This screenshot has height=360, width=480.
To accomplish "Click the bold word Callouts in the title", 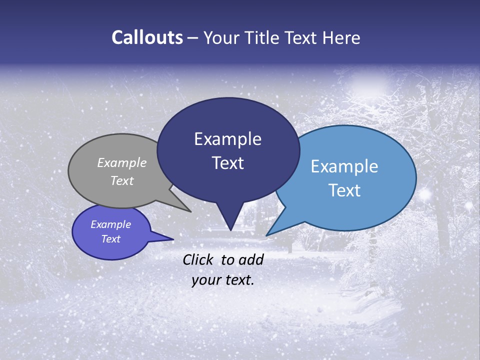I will pyautogui.click(x=147, y=37).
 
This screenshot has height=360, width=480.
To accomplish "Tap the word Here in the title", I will pyautogui.click(x=341, y=37).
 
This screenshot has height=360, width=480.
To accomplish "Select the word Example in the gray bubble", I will pyautogui.click(x=122, y=162).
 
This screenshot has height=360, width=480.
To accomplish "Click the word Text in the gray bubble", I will pyautogui.click(x=122, y=180).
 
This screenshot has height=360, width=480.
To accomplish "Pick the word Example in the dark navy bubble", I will pyautogui.click(x=227, y=139).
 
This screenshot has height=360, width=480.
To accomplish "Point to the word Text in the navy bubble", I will pyautogui.click(x=227, y=163).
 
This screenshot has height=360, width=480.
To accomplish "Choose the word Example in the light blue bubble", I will pyautogui.click(x=344, y=166).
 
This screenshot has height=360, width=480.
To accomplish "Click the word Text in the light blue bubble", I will pyautogui.click(x=344, y=190).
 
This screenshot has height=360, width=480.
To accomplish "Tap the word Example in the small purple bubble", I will pyautogui.click(x=111, y=224).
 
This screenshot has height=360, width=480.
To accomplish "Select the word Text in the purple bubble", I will pyautogui.click(x=111, y=239).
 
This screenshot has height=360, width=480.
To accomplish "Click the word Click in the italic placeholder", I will pyautogui.click(x=199, y=259).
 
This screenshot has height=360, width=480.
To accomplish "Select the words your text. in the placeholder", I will pyautogui.click(x=223, y=280).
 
